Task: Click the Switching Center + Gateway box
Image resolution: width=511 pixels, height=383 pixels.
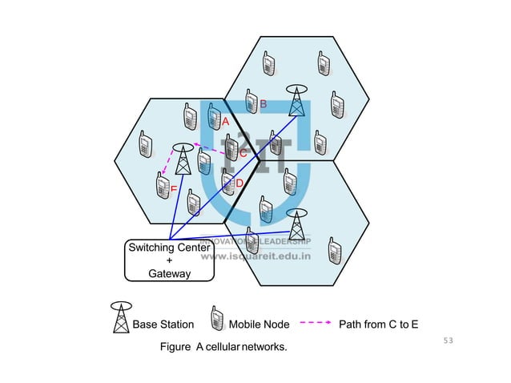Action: tap(170, 260)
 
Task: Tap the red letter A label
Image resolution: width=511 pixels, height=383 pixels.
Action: tap(226, 121)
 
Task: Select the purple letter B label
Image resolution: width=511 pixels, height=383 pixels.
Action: tap(263, 103)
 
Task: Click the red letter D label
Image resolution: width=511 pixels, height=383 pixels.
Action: tap(239, 183)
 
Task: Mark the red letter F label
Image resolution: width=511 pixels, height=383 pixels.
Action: tap(173, 189)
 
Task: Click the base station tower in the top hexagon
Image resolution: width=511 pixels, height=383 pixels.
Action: tap(297, 101)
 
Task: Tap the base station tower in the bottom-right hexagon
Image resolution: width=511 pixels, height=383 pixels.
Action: tap(296, 224)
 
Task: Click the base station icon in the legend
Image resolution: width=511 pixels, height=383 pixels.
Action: tap(121, 318)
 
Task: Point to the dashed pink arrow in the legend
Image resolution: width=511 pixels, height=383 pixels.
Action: tap(315, 324)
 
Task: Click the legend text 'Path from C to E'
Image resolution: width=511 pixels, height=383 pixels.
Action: tap(379, 325)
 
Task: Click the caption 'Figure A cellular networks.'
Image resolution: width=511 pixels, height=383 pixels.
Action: tap(223, 348)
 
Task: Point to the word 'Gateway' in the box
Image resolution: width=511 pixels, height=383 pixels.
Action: tap(170, 273)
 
